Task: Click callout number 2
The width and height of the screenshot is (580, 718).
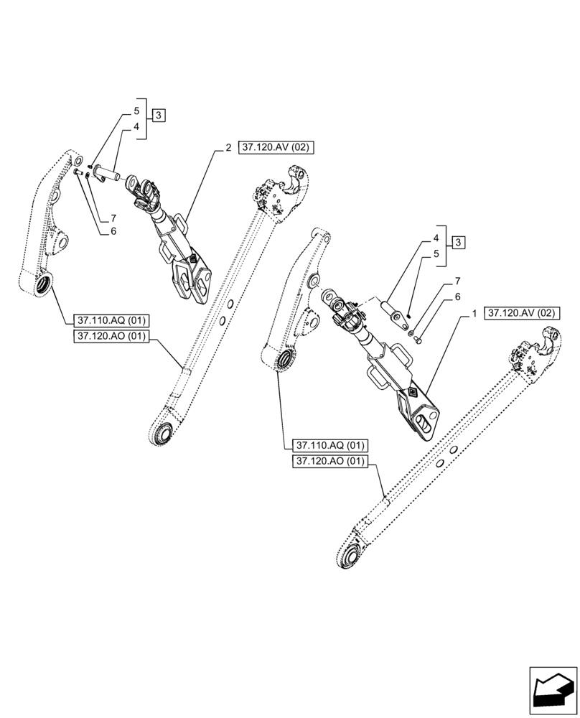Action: point(228,148)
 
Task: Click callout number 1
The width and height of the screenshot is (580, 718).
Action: point(474,314)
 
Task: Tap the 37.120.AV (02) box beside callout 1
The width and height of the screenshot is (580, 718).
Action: point(523,314)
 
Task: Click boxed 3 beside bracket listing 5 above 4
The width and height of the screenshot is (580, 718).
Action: point(159,115)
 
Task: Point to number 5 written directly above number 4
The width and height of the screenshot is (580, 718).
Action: point(136,112)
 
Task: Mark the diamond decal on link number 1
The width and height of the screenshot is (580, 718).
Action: point(413,392)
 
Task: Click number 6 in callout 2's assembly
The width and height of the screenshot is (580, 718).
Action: point(113,231)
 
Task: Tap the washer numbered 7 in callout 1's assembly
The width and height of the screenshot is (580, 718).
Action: point(411,330)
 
